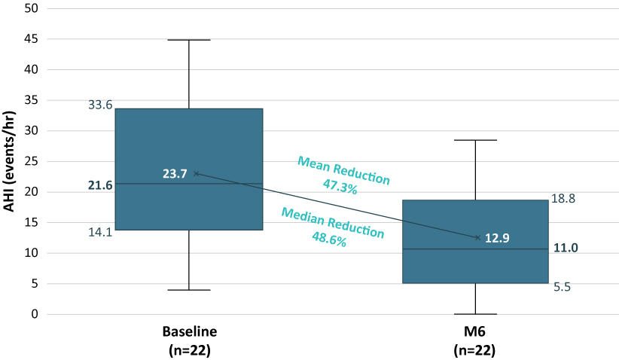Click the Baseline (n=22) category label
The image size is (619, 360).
pos(190,340)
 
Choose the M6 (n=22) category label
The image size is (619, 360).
pos(476,340)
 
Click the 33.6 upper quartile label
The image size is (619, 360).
pos(100,105)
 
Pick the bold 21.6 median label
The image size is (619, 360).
pos(100,185)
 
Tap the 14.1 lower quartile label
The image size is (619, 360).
pos(100,232)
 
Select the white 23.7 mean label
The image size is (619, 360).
pos(175,174)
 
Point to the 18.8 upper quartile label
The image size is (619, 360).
pos(564,198)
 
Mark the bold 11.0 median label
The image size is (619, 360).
pos(566,248)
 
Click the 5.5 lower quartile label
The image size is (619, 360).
pos(561,287)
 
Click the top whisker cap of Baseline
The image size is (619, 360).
pos(189,39)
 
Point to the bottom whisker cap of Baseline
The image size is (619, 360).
pos(189,290)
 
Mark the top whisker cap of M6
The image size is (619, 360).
pos(476,140)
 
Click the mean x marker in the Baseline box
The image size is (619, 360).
pos(197,173)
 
